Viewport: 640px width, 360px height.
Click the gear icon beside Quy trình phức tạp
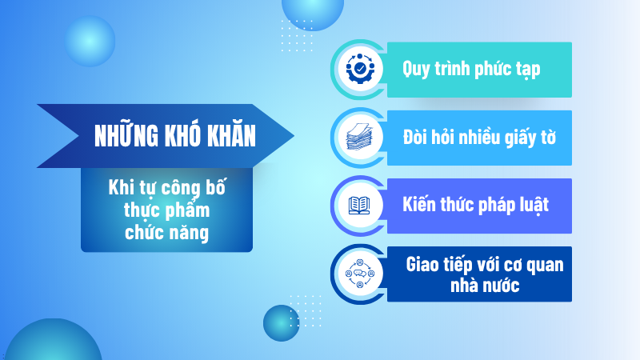pyautogui.click(x=360, y=70)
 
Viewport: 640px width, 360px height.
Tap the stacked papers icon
pyautogui.click(x=360, y=137)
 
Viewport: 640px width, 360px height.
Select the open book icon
pyautogui.click(x=360, y=206)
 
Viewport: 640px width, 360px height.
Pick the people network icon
pyautogui.click(x=360, y=274)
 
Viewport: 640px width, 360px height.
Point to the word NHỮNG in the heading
pyautogui.click(x=122, y=136)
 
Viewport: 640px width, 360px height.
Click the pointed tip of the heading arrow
pyautogui.click(x=293, y=136)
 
